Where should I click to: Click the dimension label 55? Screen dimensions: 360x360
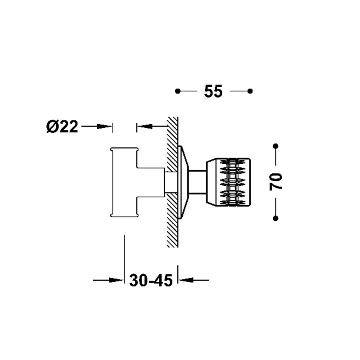point(213,91)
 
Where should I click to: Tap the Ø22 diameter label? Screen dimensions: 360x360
point(62,126)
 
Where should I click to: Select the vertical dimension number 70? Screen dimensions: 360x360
point(276,182)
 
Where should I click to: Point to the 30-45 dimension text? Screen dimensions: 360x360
point(151,280)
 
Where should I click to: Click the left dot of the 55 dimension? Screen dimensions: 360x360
point(177,91)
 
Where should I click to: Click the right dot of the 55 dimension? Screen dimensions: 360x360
point(250,91)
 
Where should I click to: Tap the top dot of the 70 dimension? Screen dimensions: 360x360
point(276,146)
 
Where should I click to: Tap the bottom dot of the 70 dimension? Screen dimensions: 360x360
point(276,218)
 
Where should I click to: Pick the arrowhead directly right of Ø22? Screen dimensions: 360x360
point(104,126)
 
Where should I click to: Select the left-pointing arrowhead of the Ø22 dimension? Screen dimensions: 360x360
point(144,126)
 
